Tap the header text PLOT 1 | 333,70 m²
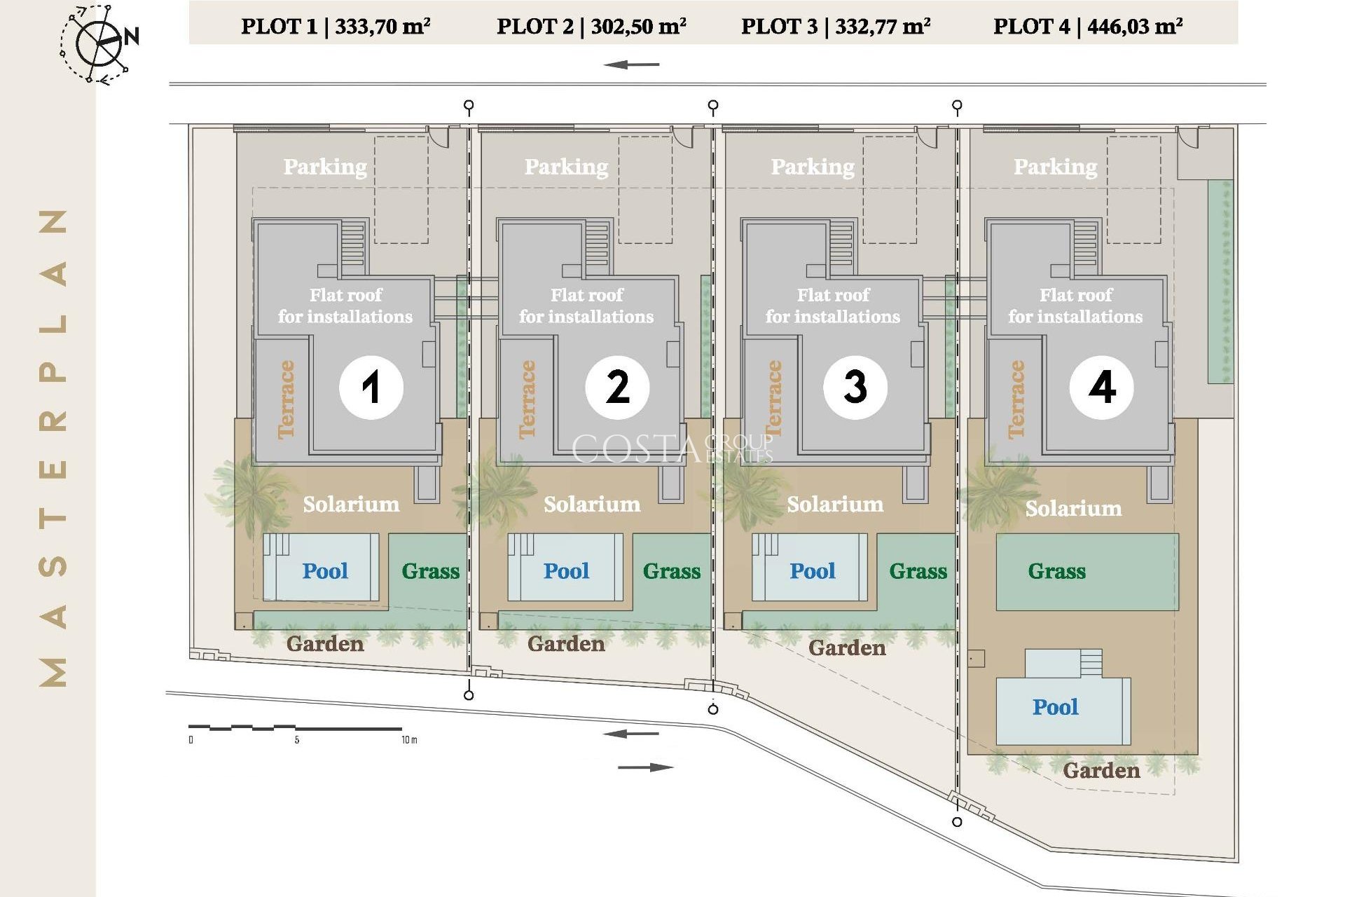tap(336, 27)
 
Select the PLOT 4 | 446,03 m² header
tap(1088, 27)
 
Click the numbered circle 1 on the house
tap(371, 387)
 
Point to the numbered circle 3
tap(855, 387)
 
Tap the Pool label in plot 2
tap(566, 571)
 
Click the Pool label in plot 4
tap(1055, 707)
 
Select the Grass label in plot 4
tap(1056, 571)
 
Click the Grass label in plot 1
tap(430, 571)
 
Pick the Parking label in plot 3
tap(813, 167)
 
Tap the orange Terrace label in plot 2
tap(527, 399)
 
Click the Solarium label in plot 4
tap(1073, 508)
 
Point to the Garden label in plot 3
tap(847, 648)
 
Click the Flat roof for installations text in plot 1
tap(345, 306)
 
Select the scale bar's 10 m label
tap(409, 740)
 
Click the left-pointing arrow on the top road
tap(631, 65)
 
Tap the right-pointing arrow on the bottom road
tap(645, 767)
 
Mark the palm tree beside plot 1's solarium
tap(250, 491)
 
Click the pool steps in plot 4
tap(1091, 662)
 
